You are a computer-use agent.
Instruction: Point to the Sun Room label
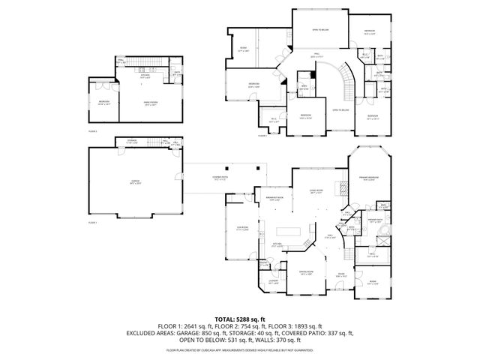point(242,229)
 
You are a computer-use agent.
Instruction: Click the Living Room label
point(316,192)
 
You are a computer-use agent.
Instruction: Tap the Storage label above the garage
point(131,141)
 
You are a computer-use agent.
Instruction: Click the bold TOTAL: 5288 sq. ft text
point(239,319)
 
